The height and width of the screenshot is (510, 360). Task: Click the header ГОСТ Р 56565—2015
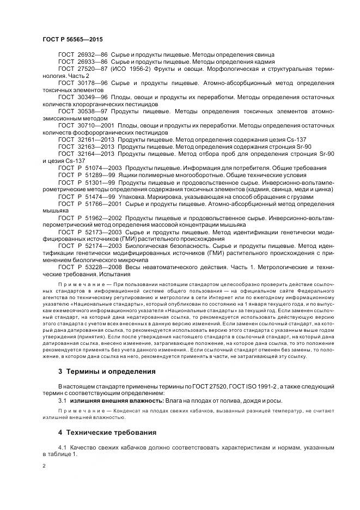pyautogui.click(x=72, y=40)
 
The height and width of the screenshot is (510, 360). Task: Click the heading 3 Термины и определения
pyautogui.click(x=107, y=372)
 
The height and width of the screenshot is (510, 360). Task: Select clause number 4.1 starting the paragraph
pyautogui.click(x=62, y=447)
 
